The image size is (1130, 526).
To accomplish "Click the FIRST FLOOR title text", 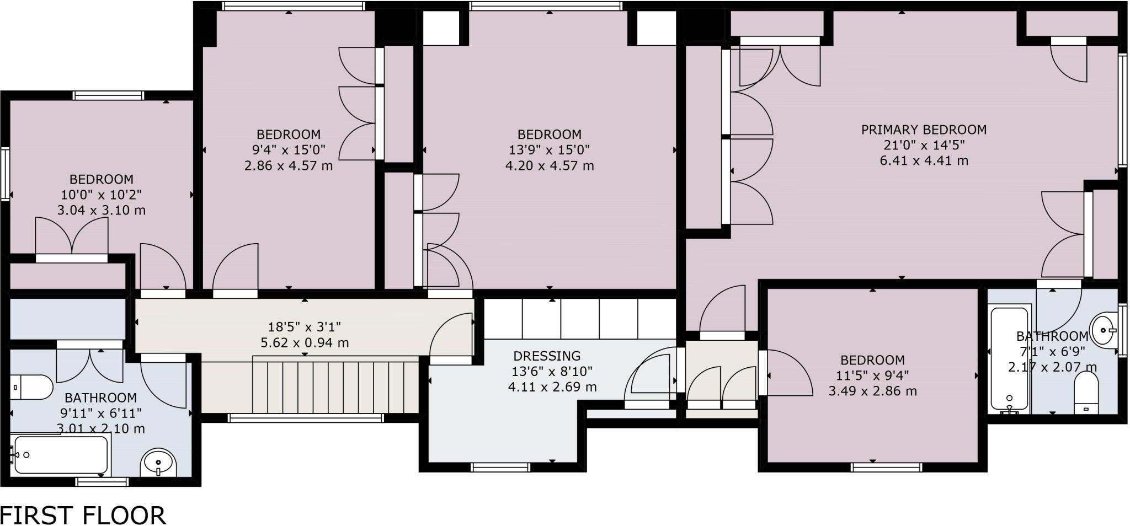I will (x=83, y=515).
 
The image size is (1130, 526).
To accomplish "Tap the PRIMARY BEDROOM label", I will (x=924, y=130).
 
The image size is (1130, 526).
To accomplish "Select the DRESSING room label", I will (x=547, y=356).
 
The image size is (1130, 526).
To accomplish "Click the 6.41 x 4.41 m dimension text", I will (x=924, y=160).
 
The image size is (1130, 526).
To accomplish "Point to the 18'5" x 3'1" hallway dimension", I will (x=305, y=327).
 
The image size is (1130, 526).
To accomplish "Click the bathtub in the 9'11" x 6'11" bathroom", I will (x=61, y=454).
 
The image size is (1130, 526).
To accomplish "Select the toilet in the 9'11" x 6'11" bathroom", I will (x=30, y=387).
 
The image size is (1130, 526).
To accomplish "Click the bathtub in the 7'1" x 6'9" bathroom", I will (x=1009, y=358).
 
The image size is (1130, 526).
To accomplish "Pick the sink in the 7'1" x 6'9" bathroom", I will (x=1105, y=330).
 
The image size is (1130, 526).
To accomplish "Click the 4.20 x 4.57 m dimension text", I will (x=550, y=165).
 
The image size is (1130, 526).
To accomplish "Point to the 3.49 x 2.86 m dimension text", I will (x=872, y=391).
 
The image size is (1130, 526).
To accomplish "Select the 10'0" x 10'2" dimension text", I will (x=102, y=195).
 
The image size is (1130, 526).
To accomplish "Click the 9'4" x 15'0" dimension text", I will (x=289, y=149).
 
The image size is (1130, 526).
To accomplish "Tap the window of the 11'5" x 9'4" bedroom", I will (x=886, y=468).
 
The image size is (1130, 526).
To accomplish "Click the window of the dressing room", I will (x=500, y=468).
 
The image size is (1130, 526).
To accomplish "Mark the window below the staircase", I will (x=306, y=418).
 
